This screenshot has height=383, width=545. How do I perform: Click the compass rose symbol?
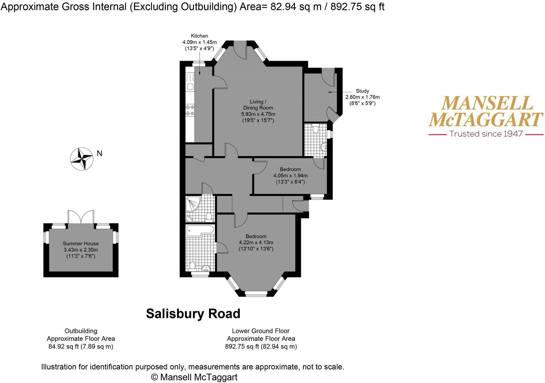coord(81,159)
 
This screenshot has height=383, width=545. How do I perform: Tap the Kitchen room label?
coord(199,36)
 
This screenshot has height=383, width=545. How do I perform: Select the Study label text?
coord(362,91)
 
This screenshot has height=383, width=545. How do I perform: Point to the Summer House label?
coord(81,243)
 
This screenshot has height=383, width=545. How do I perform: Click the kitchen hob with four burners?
coord(190,110)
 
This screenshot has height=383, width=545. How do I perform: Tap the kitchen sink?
coord(190,87)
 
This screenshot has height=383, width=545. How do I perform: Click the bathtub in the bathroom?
coord(200,230)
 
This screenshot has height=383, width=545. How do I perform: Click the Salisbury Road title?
coord(193,314)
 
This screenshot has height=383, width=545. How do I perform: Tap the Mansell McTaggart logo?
coord(486,112)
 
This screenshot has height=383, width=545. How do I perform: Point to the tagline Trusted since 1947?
coord(486,134)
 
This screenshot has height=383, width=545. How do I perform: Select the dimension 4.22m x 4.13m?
coord(256,243)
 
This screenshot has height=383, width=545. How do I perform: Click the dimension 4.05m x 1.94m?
coord(291,176)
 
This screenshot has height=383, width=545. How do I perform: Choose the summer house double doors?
coord(81,217)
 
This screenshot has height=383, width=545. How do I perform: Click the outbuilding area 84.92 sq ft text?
coord(81,346)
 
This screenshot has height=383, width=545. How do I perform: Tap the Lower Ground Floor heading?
coord(261,331)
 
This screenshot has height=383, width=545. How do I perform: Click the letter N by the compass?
coord(99,153)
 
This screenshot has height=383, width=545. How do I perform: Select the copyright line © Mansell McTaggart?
coord(194,377)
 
